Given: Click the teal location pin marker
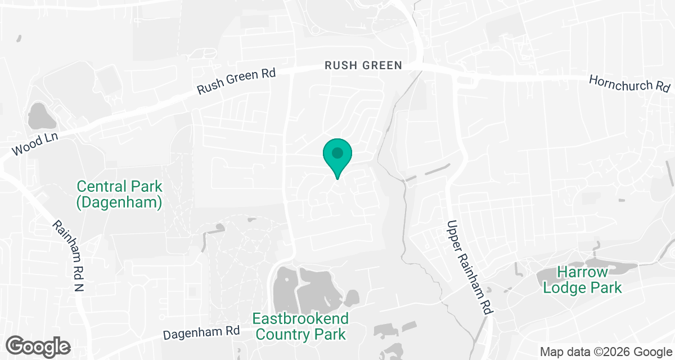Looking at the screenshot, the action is click(337, 157).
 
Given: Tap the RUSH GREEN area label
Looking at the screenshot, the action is click(363, 66).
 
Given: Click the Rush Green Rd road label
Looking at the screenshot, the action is click(236, 82).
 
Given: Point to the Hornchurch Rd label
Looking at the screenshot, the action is click(629, 83).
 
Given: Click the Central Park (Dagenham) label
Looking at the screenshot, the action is click(119, 194).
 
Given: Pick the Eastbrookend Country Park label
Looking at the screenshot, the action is click(300, 326).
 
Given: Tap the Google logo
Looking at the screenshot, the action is click(38, 345).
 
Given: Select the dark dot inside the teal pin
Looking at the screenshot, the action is click(337, 152).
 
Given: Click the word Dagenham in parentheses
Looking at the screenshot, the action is click(119, 202).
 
